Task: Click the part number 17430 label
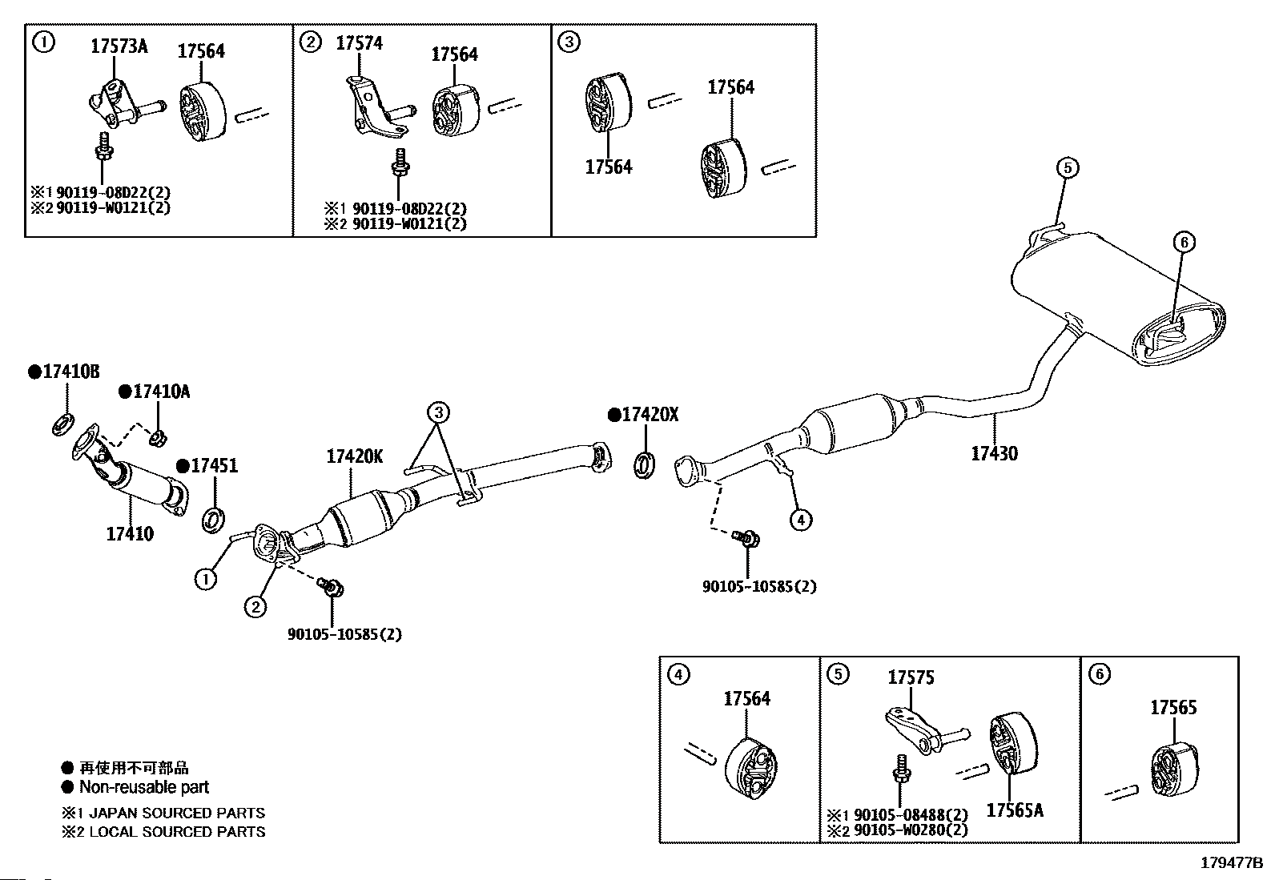pyautogui.click(x=994, y=453)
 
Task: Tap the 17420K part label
pyautogui.click(x=354, y=457)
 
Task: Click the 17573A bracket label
pyautogui.click(x=119, y=46)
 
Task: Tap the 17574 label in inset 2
pyautogui.click(x=359, y=42)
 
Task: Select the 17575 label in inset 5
pyautogui.click(x=911, y=678)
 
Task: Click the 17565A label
pyautogui.click(x=1014, y=810)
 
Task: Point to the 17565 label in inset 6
pyautogui.click(x=1173, y=708)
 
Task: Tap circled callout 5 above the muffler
pyautogui.click(x=1067, y=167)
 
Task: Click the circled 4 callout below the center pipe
pyautogui.click(x=800, y=520)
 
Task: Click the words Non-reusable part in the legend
pyautogui.click(x=144, y=787)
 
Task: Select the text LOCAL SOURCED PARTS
pyautogui.click(x=176, y=832)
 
